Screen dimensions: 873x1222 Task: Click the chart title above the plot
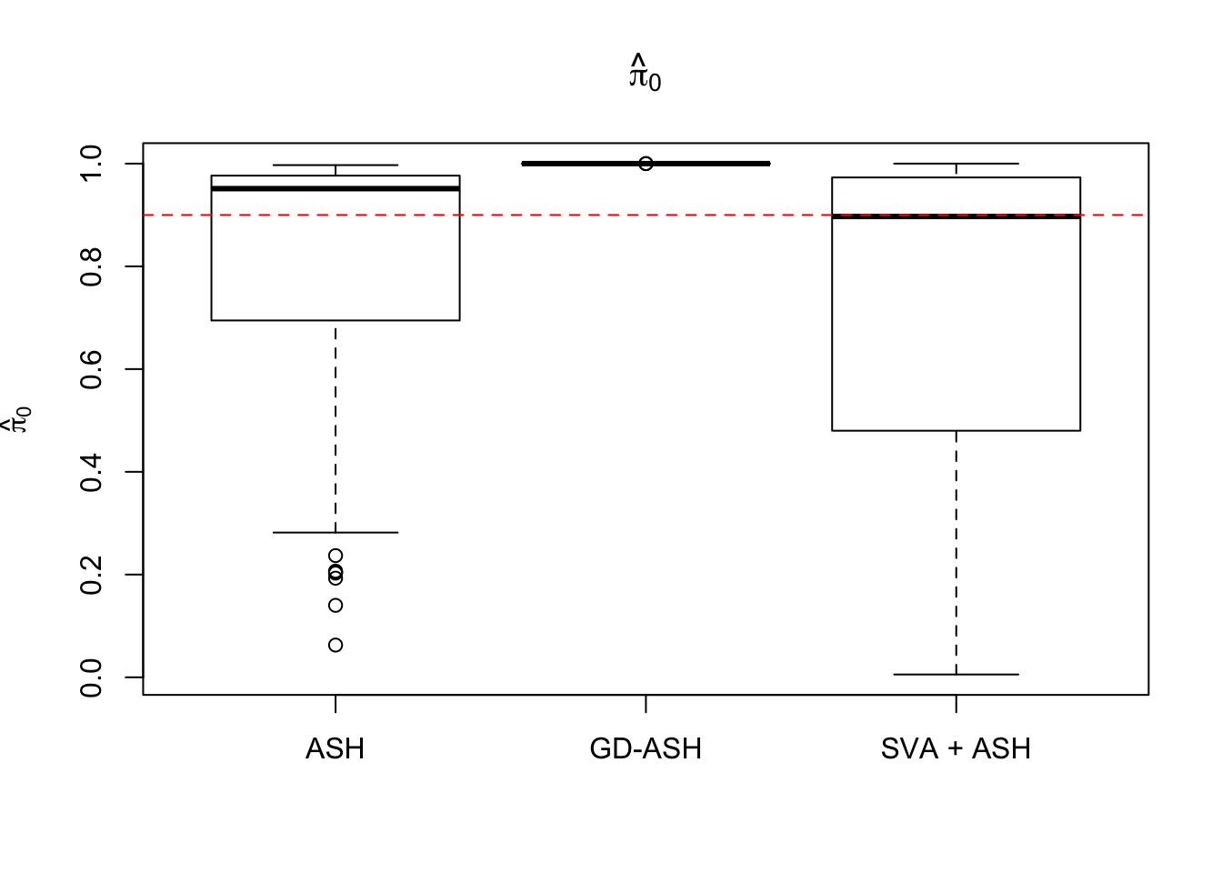[x=645, y=73]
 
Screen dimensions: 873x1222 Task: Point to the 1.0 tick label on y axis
[x=92, y=164]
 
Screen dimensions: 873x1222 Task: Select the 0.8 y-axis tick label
[x=92, y=266]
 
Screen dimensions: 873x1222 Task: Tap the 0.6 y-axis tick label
[x=92, y=369]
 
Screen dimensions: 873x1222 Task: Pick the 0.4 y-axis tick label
[x=92, y=472]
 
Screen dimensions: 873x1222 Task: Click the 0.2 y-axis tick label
[x=92, y=575]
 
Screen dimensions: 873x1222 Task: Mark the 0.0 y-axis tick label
[x=92, y=677]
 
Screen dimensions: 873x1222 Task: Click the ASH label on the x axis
[x=336, y=748]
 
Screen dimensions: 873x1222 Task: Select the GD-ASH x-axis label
[x=646, y=748]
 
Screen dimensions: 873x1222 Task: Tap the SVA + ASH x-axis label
[x=956, y=748]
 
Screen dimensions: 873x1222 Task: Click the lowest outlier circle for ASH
[x=336, y=645]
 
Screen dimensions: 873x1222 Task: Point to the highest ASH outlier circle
[x=336, y=556]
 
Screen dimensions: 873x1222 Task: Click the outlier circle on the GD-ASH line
[x=646, y=164]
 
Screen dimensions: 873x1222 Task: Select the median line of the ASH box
[x=336, y=188]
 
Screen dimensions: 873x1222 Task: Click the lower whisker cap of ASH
[x=336, y=532]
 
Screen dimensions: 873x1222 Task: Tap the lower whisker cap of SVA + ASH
[x=956, y=674]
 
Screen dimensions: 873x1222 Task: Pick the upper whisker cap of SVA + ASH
[x=956, y=164]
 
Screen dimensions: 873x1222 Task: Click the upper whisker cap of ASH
[x=336, y=166]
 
